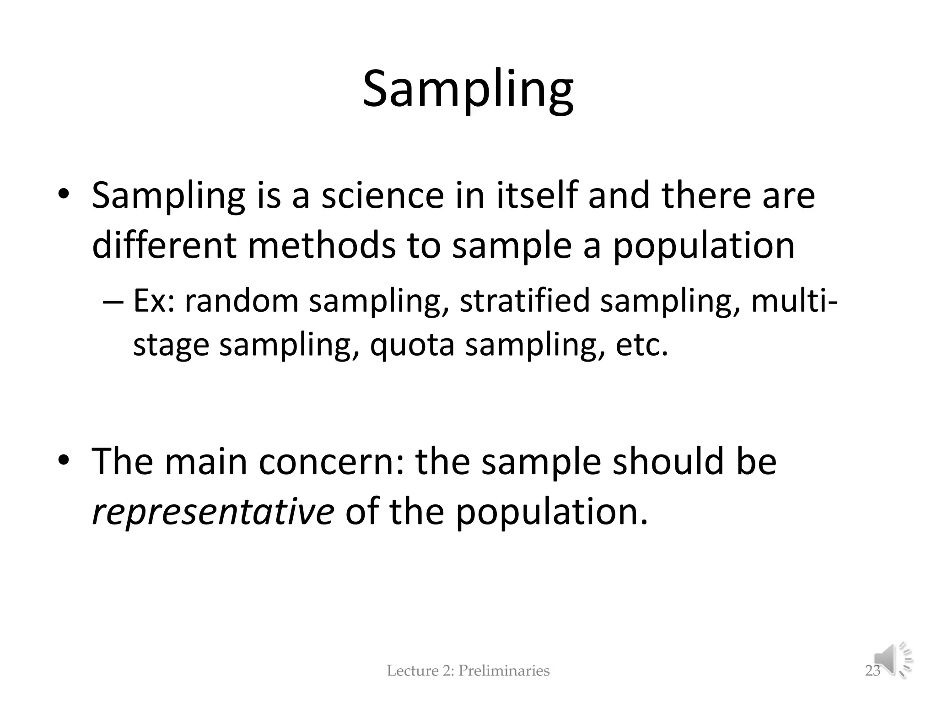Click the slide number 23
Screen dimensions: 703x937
[x=872, y=671]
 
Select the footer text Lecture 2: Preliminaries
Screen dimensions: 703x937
[x=468, y=671]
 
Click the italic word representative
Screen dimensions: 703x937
[x=213, y=512]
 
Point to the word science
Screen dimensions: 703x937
[x=382, y=195]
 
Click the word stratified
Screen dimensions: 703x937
[x=525, y=301]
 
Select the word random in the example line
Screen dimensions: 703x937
[x=242, y=301]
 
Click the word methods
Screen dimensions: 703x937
[x=322, y=245]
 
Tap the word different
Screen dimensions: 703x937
[x=164, y=245]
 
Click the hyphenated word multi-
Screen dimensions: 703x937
[x=795, y=301]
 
